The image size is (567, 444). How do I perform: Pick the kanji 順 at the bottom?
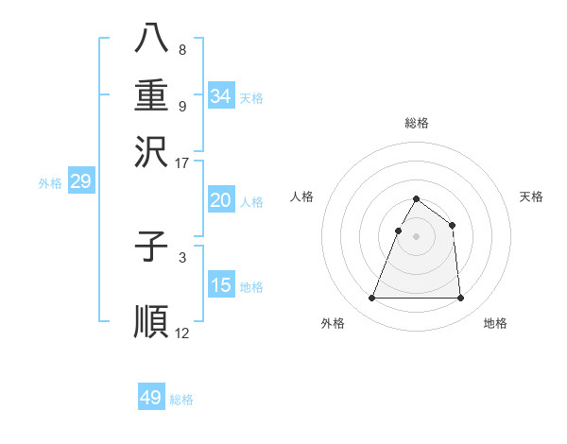pos(151,320)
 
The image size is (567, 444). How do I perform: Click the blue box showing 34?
pos(220,96)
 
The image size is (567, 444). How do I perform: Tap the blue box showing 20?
pos(220,200)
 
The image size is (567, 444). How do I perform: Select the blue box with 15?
pos(220,286)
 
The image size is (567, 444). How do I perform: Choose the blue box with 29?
pos(80,182)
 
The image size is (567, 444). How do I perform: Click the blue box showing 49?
pos(151,398)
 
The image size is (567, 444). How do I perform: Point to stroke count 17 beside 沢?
pos(182,162)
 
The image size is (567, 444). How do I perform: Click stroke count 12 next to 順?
pos(182,333)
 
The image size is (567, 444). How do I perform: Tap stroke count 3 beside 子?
pos(182,257)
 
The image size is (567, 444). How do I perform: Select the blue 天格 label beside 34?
pos(251,98)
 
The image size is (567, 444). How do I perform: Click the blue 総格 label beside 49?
pos(181,400)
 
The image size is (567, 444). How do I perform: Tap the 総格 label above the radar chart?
pos(417,123)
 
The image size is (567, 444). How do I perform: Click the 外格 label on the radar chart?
pos(333,324)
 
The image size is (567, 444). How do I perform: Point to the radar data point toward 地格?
pos(460,299)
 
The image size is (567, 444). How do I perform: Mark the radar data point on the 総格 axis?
pos(416,199)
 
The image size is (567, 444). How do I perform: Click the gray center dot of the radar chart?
pos(416,236)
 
